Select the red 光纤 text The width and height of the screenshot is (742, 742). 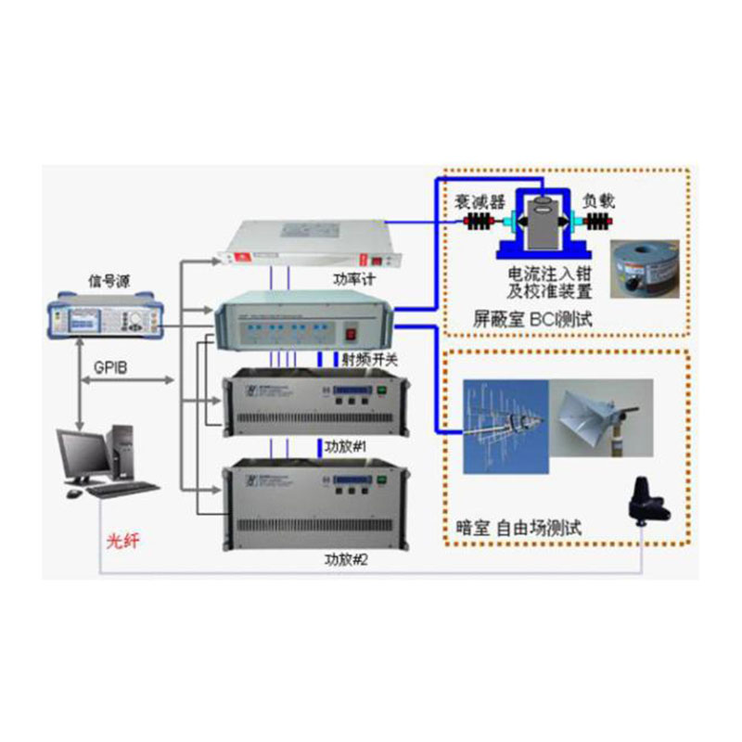(122, 540)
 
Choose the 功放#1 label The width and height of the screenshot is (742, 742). (346, 445)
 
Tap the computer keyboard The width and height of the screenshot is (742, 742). (123, 489)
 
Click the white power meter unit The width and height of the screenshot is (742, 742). (303, 244)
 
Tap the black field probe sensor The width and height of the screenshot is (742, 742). (647, 502)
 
